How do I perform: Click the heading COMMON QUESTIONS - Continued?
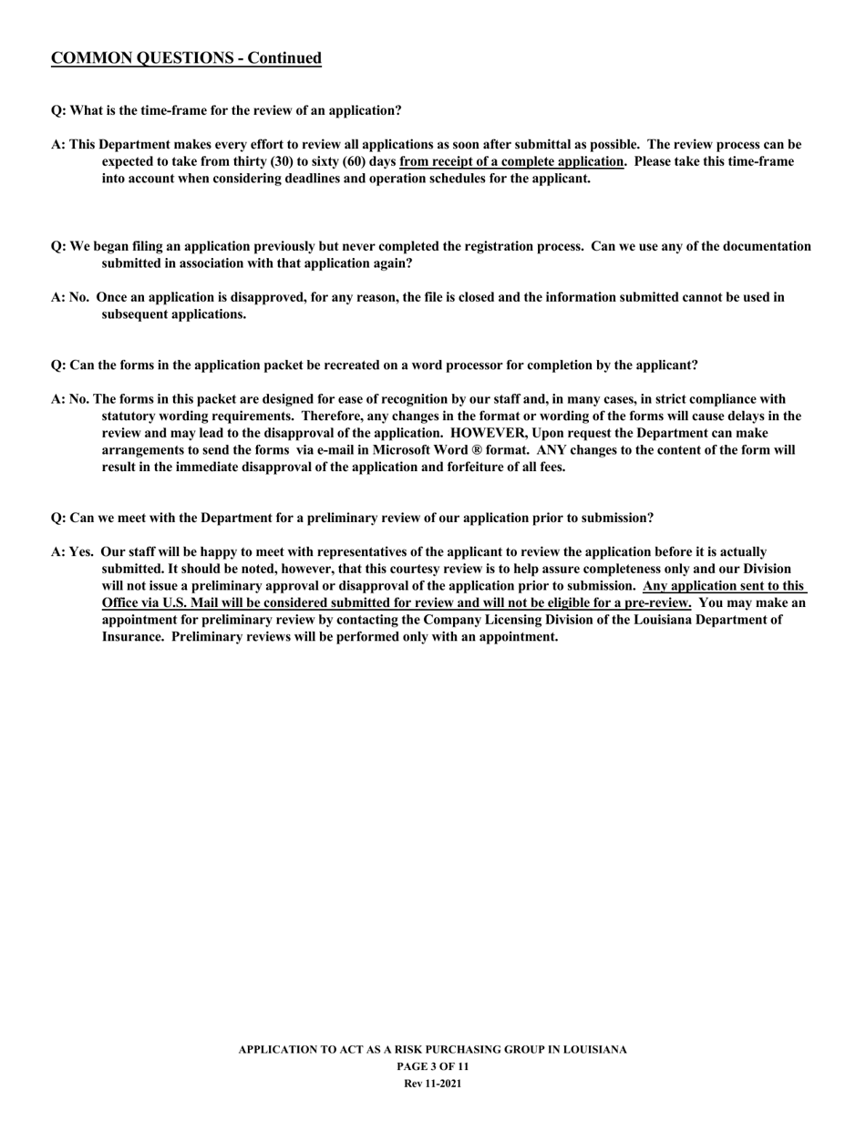coord(186,58)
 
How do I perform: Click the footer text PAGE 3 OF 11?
coord(433,1066)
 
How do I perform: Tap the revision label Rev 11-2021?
coord(433,1084)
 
